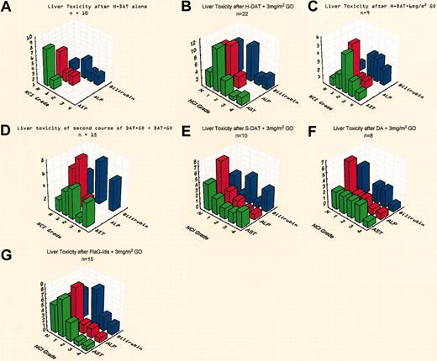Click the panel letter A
coord(8,10)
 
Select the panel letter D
coord(8,130)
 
